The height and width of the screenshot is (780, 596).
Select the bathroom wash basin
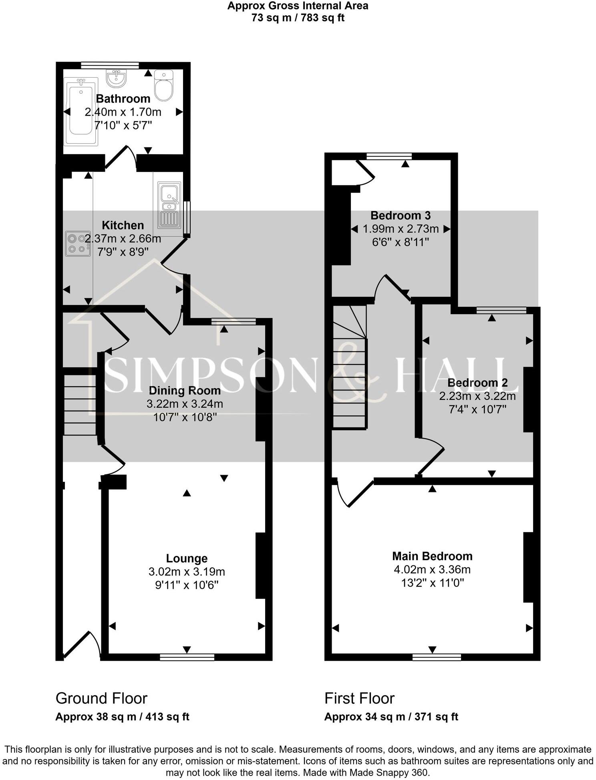pos(116,78)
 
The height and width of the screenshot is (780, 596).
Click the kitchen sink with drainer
pos(169,205)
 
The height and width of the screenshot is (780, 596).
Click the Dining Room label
pos(185,391)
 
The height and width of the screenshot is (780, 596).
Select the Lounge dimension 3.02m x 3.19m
pos(187,572)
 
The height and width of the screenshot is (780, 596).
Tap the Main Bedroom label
pos(432,556)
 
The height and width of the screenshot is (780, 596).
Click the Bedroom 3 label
pos(401,216)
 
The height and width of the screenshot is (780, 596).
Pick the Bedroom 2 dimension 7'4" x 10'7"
pos(477,409)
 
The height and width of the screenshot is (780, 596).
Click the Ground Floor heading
pos(101,698)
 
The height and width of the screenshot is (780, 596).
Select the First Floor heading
pos(359,698)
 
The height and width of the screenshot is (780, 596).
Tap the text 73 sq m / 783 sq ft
pos(298,18)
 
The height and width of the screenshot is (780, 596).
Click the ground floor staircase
pos(80,405)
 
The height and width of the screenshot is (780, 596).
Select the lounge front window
pos(187,657)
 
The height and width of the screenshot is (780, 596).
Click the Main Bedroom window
pos(437,657)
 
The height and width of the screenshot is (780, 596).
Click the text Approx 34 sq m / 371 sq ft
pos(391,717)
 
